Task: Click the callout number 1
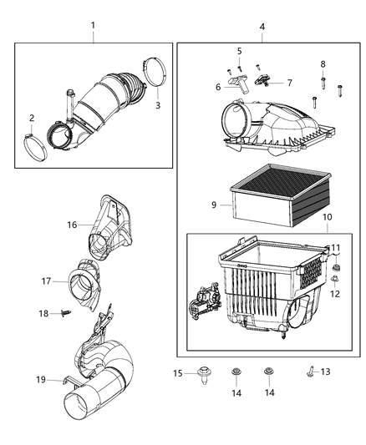(93, 28)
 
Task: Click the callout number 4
(262, 28)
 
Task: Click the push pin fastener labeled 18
(64, 314)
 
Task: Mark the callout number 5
(239, 52)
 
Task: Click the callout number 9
(214, 204)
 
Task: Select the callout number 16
(72, 225)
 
